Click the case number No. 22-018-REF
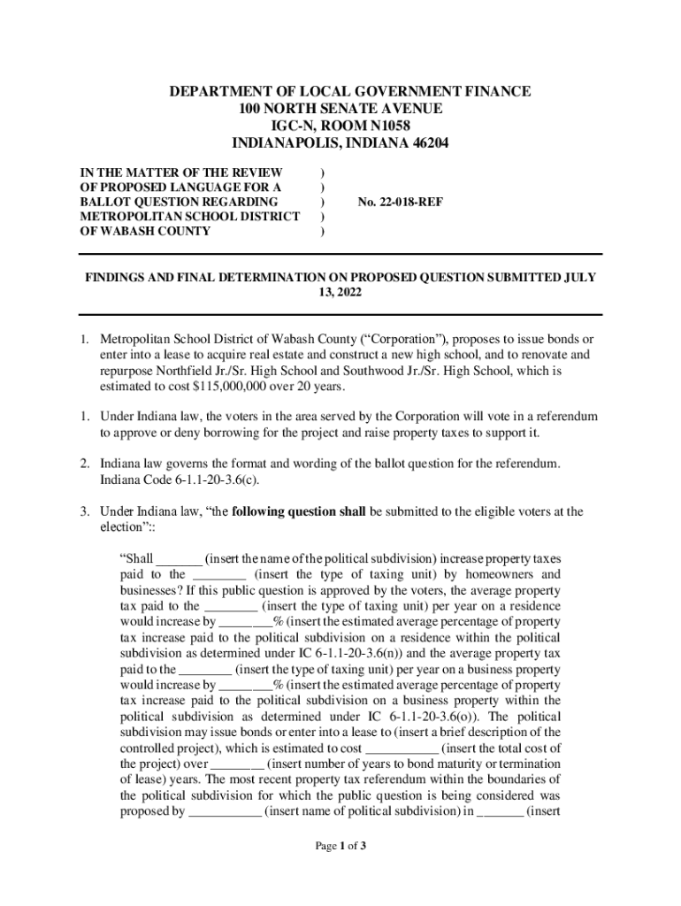tap(400, 202)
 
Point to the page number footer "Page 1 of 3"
tap(340, 846)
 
